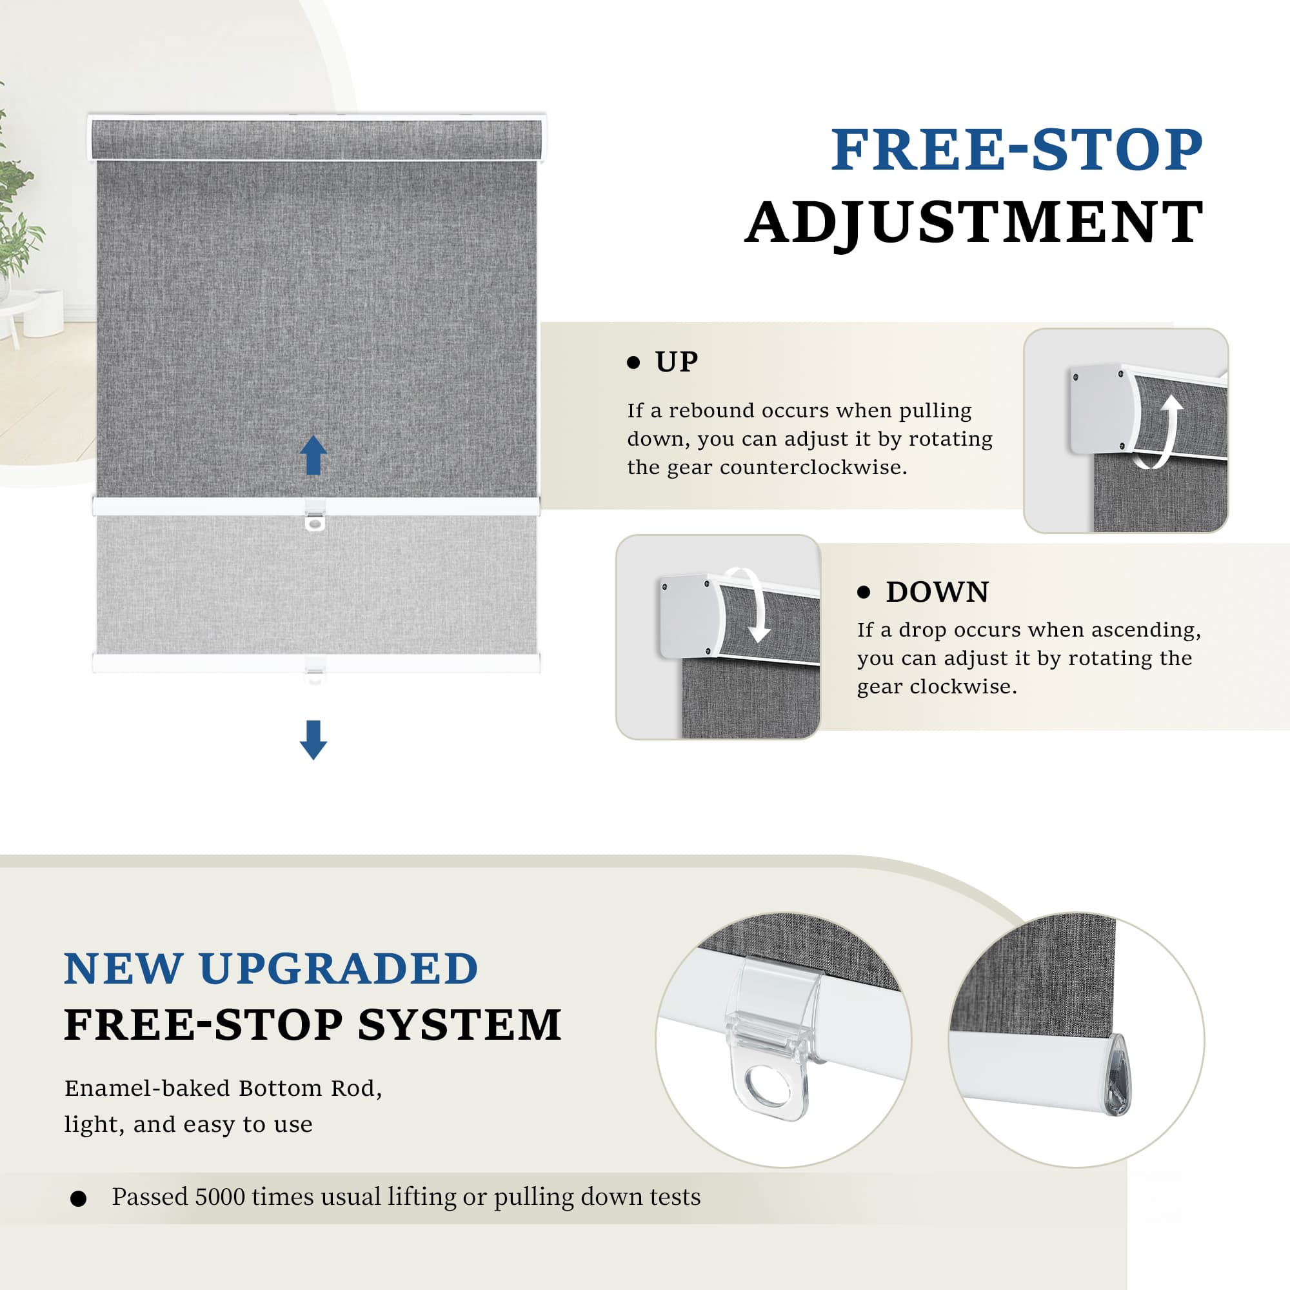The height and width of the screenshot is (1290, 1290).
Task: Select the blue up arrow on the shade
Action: point(313,455)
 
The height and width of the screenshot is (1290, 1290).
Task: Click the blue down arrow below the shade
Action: point(313,740)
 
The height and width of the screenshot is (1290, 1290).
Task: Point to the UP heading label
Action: point(677,362)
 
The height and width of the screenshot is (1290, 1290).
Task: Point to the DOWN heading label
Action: point(937,592)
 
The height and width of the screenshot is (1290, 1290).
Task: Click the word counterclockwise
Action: point(813,468)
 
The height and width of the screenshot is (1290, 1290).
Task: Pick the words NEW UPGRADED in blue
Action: point(271,968)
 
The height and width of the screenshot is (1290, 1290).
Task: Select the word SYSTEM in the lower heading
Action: point(459,1025)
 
